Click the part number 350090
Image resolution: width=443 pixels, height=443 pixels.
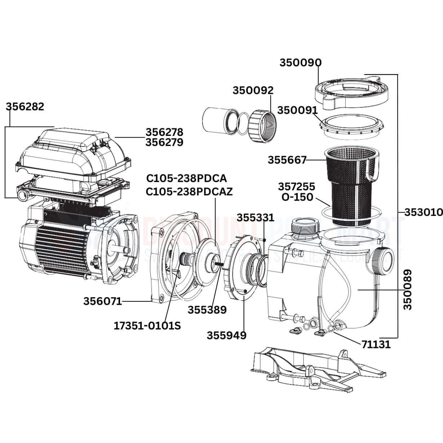[301, 63]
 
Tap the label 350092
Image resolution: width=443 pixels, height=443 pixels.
[253, 90]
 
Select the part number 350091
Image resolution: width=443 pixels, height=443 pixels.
[297, 110]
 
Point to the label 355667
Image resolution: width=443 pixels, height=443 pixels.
[287, 160]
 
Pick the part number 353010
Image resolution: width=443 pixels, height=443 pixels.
[423, 212]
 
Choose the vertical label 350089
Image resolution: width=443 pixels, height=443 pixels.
[407, 289]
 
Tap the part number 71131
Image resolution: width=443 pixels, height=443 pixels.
[376, 345]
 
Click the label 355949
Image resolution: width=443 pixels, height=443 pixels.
[226, 335]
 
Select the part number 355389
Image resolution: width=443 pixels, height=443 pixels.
[207, 309]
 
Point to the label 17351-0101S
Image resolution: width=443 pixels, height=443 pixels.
[147, 326]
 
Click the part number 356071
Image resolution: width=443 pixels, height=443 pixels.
[103, 301]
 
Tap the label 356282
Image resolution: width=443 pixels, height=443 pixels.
[25, 107]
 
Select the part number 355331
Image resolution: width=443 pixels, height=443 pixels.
[255, 218]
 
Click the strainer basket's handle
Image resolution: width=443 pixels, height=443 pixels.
[371, 168]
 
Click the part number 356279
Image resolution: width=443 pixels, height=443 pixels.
[164, 142]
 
